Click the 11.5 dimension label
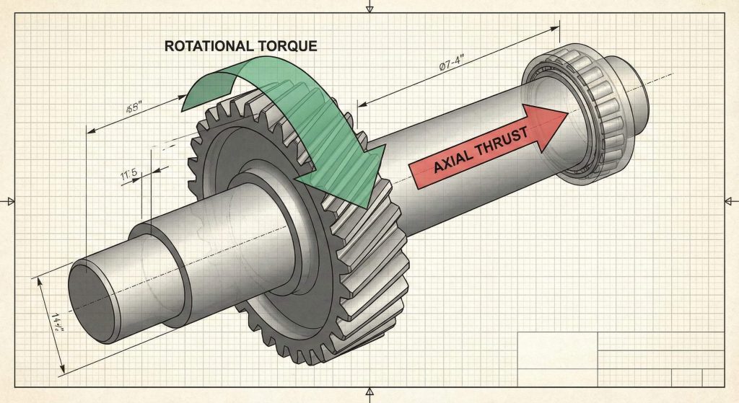(131, 174)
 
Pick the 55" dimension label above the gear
(134, 108)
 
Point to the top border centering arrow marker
(369, 9)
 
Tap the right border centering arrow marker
(730, 201)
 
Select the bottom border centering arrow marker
(369, 394)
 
